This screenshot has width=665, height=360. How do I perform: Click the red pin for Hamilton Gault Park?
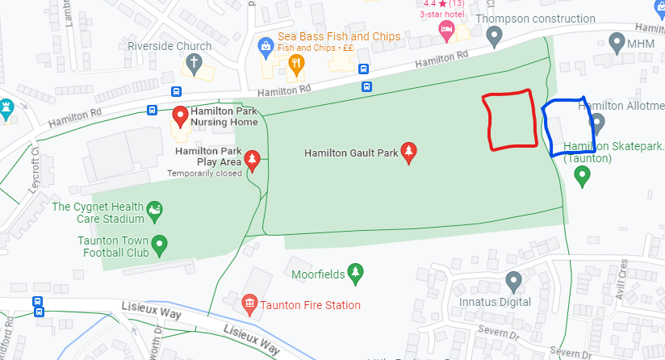[x=408, y=153]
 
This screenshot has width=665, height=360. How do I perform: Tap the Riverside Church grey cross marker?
[x=194, y=63]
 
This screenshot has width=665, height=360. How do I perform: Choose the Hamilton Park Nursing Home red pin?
[x=181, y=118]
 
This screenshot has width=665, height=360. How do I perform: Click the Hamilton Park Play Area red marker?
[x=253, y=160]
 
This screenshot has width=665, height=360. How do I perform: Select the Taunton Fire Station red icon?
[x=250, y=304]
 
